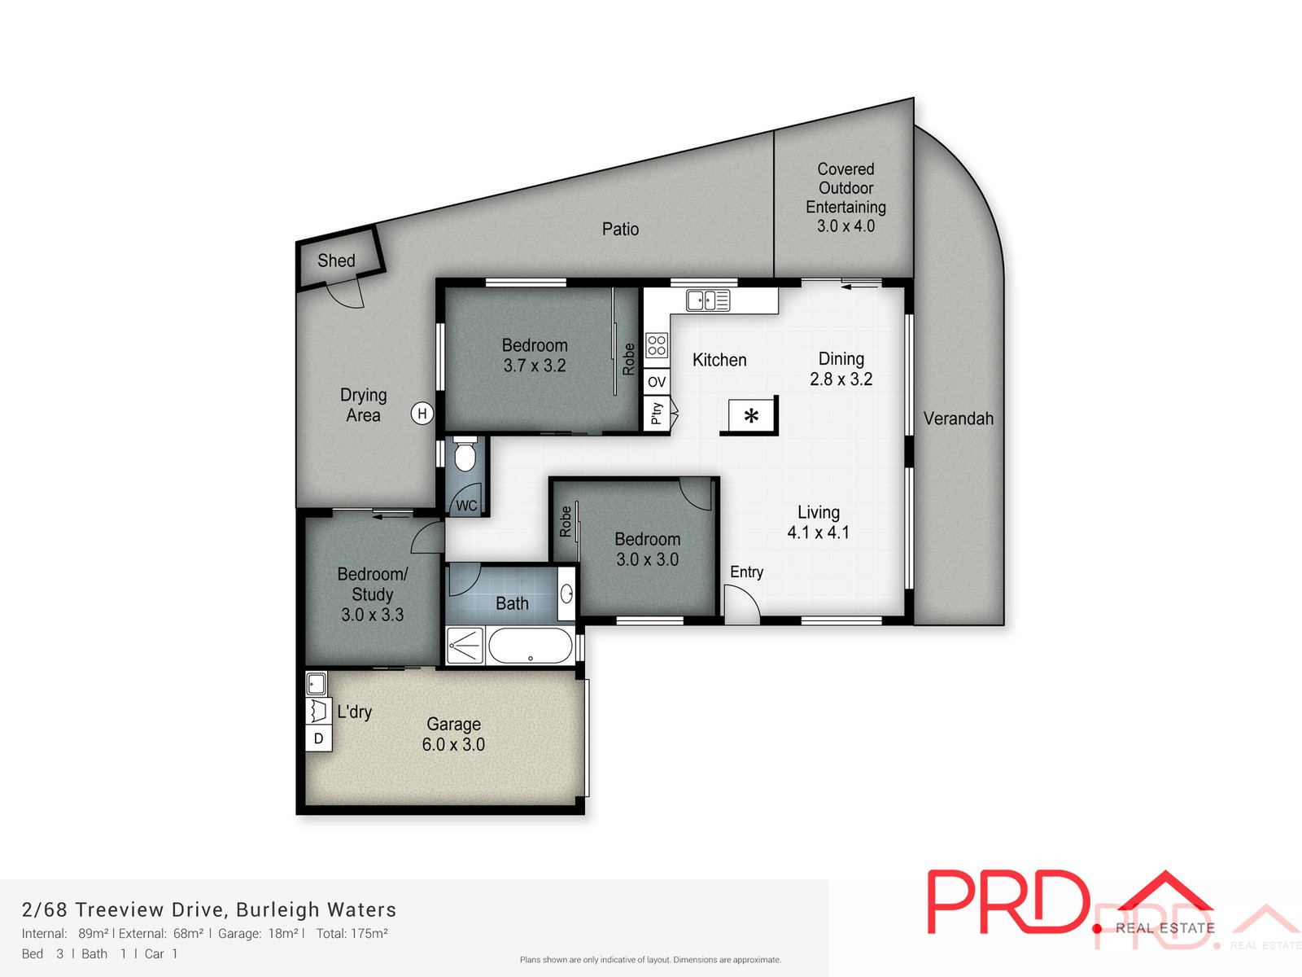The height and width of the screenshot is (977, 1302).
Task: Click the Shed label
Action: coord(336,261)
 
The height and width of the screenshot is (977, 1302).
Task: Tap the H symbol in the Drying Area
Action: coord(422,414)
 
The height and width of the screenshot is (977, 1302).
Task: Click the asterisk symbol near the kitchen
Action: coord(751,416)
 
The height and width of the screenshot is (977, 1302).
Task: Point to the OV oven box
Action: coord(657,382)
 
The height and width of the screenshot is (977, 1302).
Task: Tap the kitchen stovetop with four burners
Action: coord(657,345)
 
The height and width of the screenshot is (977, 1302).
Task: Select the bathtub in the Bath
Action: coord(530,646)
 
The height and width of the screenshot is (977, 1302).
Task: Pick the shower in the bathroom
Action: coord(465,646)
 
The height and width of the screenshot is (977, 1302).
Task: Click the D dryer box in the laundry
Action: coord(318,738)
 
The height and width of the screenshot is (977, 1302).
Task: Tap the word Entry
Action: coord(746,572)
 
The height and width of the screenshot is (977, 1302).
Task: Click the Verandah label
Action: coord(958,418)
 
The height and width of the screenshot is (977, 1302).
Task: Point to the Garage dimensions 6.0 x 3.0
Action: coord(453,744)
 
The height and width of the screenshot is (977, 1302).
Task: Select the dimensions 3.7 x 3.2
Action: coord(535,366)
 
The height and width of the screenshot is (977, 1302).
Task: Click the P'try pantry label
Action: coord(656,414)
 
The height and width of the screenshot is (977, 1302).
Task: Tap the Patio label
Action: coord(620,229)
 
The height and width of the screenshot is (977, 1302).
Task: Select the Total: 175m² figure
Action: coord(352,933)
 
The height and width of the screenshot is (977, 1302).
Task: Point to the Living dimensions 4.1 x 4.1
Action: coord(818,532)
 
